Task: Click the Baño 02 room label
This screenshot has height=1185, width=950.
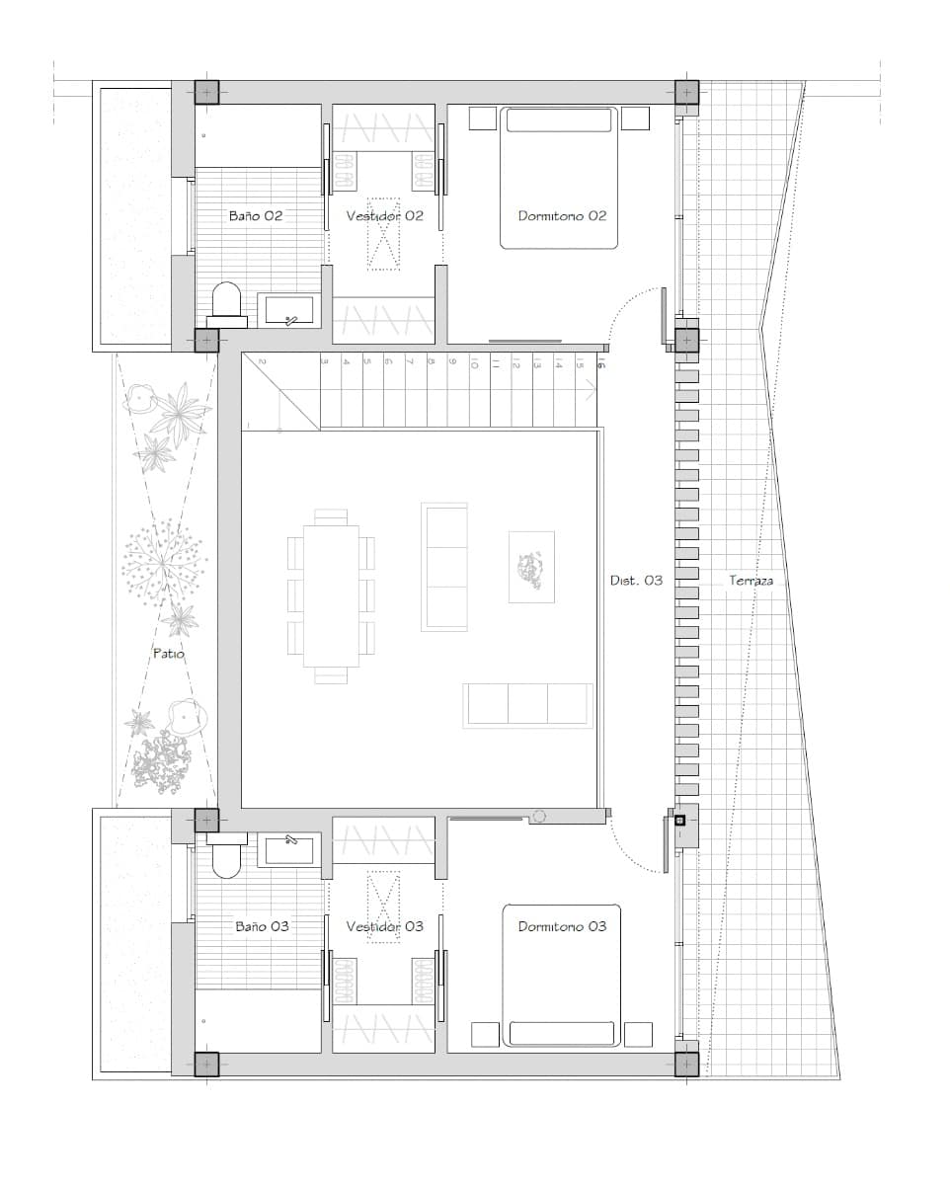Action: (x=256, y=215)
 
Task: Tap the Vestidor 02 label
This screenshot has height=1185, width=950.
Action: (x=384, y=215)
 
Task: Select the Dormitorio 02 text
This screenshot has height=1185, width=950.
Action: (x=562, y=215)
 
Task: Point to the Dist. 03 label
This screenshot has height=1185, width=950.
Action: (x=636, y=581)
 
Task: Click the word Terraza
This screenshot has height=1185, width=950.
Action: (x=751, y=581)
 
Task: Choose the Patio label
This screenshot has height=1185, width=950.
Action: (x=168, y=653)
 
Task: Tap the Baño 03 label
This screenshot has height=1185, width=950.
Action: (x=262, y=926)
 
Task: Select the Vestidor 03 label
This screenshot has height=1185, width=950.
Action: (x=384, y=926)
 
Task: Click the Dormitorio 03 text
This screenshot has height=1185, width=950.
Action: (x=562, y=926)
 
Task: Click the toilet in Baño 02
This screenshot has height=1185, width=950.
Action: (x=226, y=301)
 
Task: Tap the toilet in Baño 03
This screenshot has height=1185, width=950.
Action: (x=226, y=856)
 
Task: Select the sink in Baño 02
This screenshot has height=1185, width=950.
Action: (x=288, y=310)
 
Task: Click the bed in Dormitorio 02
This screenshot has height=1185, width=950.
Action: (x=559, y=178)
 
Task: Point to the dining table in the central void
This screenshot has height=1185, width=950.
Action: (x=331, y=595)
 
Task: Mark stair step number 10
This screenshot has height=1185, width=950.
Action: (x=474, y=364)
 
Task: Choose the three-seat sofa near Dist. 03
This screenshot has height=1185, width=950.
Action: (x=527, y=705)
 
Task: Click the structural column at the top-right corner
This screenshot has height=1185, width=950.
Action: (x=686, y=93)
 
